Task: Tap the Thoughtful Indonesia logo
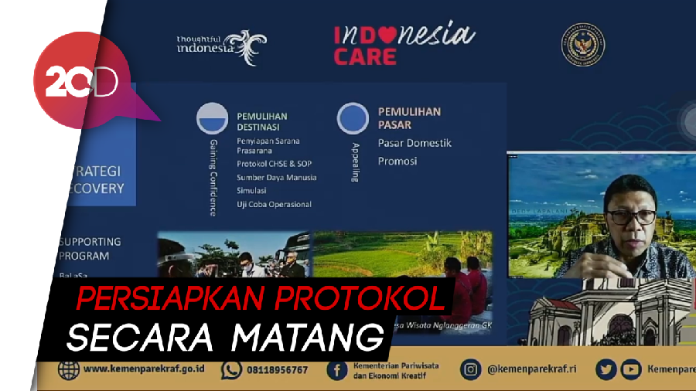click(x=220, y=46)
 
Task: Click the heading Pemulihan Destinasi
click(x=261, y=121)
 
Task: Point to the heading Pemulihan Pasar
click(x=409, y=117)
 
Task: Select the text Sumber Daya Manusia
click(x=276, y=177)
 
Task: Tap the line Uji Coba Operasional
click(x=274, y=204)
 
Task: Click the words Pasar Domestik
click(x=415, y=143)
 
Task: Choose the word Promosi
click(x=397, y=161)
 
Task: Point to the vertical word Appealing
click(x=355, y=161)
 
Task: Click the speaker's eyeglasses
click(x=632, y=216)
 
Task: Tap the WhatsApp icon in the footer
click(x=231, y=370)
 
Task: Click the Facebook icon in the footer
click(x=337, y=370)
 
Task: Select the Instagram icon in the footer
click(x=470, y=370)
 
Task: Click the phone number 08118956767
click(x=277, y=370)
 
